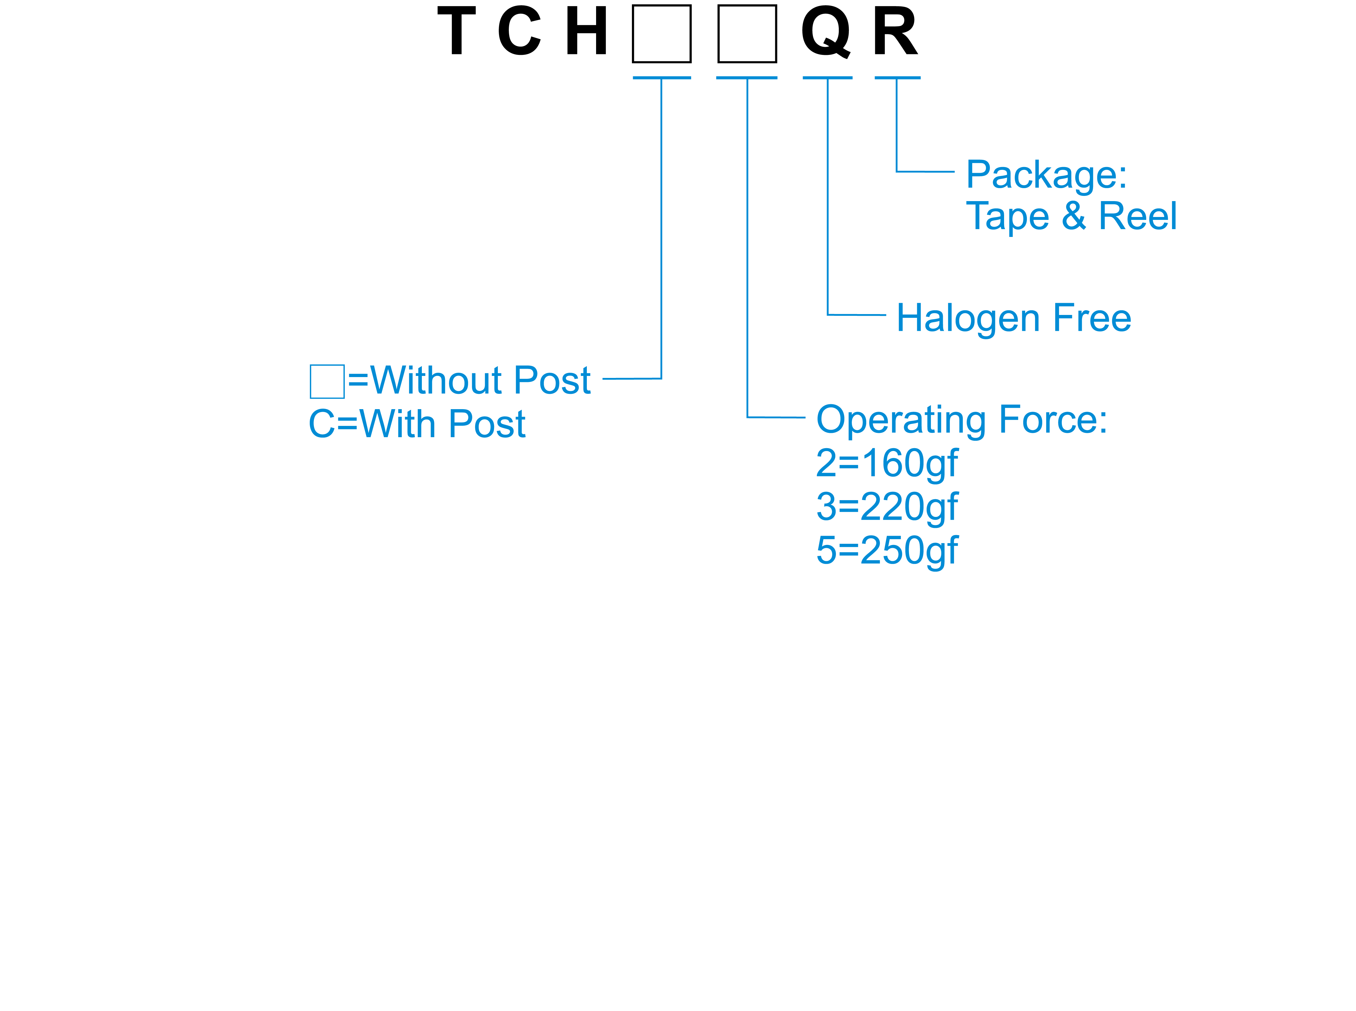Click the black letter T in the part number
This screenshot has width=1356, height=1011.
point(456,31)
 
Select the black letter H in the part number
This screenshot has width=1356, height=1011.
point(586,31)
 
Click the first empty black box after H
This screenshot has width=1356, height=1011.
point(661,34)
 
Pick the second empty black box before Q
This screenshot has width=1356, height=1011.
point(747,34)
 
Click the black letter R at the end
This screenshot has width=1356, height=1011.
point(895,31)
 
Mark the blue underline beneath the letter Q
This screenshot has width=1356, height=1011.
point(827,78)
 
